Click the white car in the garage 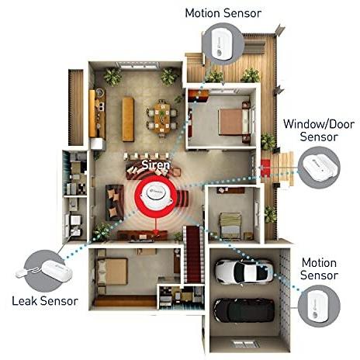point(244,272)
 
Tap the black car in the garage point(244,310)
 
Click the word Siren point(156,164)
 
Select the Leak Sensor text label point(45,301)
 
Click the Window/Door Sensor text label point(319,130)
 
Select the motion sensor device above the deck point(223,43)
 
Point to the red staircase point(193,254)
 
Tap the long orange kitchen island point(128,119)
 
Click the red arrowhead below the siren point(156,232)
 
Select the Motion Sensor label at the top point(223,13)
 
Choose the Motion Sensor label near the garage point(319,269)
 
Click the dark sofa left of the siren point(115,202)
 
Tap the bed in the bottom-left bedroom point(112,272)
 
